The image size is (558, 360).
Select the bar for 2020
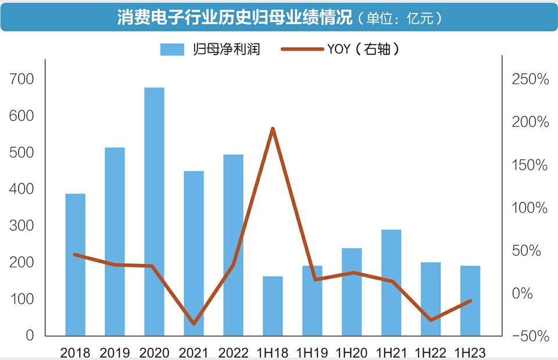coord(154,212)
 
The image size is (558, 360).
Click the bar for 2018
coord(75,265)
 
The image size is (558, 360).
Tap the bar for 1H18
coord(273,306)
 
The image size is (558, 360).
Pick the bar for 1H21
coord(391,283)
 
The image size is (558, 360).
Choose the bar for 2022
coord(233,245)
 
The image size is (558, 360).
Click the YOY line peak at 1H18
coord(273,129)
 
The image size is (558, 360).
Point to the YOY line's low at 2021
coord(194,324)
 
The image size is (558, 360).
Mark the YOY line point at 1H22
coord(431,320)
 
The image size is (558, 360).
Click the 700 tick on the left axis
coord(22,79)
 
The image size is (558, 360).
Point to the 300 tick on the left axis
coord(22,226)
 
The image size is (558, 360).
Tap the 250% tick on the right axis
coord(530,80)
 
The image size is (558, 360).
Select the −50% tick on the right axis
coord(530,336)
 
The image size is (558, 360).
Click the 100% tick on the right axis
coord(530,208)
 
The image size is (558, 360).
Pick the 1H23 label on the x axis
coord(470,352)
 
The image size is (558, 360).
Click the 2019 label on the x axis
coord(115,352)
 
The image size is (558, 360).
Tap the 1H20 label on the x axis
coord(352,352)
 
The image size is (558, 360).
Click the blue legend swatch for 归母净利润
coord(172,49)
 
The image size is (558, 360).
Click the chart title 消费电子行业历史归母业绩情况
coord(235,18)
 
